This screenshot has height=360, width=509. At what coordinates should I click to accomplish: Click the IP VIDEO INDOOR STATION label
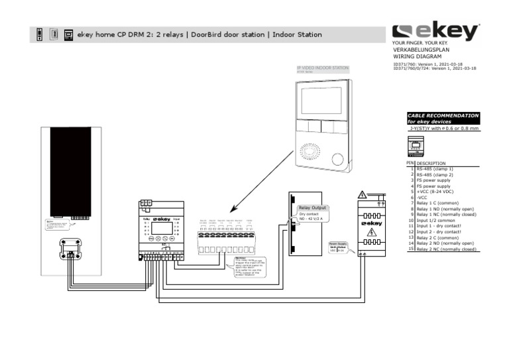(x=322, y=68)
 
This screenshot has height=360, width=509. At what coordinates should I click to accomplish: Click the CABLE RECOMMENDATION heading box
(x=443, y=118)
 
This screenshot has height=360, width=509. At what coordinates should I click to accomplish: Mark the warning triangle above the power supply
(x=363, y=194)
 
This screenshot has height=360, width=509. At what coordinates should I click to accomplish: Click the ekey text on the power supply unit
(x=374, y=223)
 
